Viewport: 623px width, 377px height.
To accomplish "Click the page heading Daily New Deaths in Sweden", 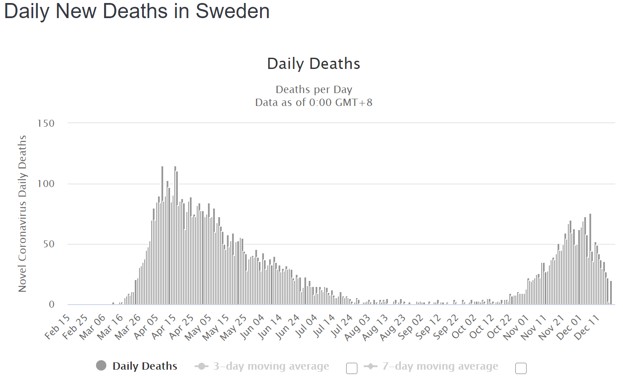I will [136, 11].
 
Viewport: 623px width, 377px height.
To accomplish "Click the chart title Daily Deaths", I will [313, 64].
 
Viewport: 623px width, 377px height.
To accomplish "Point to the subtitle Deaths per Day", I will [313, 89].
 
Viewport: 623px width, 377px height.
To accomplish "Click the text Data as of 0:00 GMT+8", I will [313, 103].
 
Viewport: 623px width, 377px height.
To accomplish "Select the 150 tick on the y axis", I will [46, 123].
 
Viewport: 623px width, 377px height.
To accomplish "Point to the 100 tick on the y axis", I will [46, 184].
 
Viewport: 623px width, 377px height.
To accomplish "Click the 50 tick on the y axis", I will [48, 244].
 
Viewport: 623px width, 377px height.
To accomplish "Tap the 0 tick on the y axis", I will [52, 305].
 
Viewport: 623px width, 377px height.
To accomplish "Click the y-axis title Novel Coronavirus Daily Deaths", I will [22, 214].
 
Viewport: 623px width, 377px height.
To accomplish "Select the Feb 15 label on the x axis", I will [58, 327].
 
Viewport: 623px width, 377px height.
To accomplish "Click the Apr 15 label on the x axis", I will [164, 327].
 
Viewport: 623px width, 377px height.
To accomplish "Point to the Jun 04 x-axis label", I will [252, 327].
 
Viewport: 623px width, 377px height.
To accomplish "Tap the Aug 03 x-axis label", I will [358, 327].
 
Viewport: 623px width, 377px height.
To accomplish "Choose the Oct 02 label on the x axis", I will [464, 327].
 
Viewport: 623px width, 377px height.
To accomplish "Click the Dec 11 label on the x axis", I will [587, 327].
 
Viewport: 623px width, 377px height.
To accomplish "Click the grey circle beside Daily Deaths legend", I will [101, 366].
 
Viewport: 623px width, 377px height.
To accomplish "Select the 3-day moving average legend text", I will [271, 366].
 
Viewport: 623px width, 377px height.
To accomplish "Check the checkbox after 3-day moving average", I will [352, 368].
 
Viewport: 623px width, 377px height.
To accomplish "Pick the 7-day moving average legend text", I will [440, 366].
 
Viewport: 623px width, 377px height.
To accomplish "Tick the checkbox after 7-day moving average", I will [521, 368].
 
